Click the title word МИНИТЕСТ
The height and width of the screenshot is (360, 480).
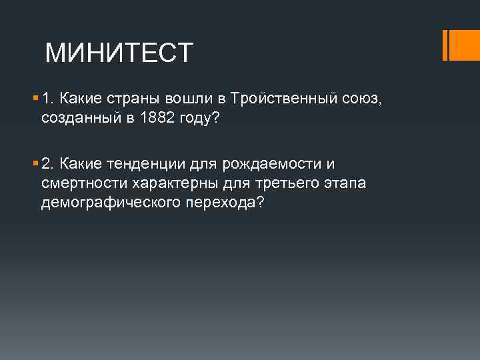tap(119, 52)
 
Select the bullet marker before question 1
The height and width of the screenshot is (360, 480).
tap(35, 99)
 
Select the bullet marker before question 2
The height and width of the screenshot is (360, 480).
tap(35, 163)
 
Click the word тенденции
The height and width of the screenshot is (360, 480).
tap(144, 164)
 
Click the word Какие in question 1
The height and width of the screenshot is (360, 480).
tap(78, 99)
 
